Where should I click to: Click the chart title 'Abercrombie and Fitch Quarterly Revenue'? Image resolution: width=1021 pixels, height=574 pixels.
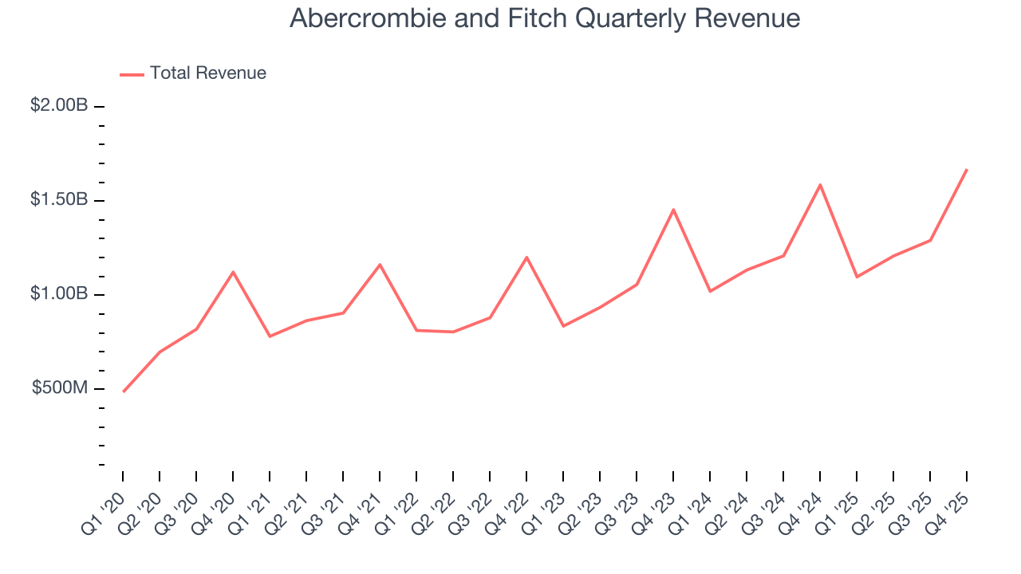coord(545,18)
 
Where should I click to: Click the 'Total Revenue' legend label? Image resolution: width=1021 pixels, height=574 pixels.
coord(207,73)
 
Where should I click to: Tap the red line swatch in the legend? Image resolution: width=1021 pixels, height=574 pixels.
coord(132,74)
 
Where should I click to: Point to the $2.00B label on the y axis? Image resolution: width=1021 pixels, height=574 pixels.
coord(59,105)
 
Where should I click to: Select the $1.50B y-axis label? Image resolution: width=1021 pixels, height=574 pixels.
coord(59,199)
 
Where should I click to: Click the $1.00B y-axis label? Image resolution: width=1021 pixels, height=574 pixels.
coord(59,294)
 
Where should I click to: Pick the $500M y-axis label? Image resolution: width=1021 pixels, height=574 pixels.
coord(60,388)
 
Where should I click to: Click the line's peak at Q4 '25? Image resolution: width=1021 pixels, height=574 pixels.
coord(967,169)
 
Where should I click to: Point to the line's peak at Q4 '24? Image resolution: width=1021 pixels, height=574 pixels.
coord(820,185)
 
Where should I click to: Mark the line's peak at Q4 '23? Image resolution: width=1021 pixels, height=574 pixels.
coord(673,210)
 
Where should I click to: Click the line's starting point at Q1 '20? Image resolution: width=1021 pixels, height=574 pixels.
coord(123,391)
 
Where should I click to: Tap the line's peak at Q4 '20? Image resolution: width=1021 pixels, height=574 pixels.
coord(233,272)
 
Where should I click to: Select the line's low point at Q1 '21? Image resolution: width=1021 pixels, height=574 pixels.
coord(270,336)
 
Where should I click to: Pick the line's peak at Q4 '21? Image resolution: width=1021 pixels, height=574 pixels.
coord(380,264)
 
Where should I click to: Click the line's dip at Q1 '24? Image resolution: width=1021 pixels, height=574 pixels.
coord(710,291)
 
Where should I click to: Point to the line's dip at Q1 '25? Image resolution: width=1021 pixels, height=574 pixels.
coord(857,277)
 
